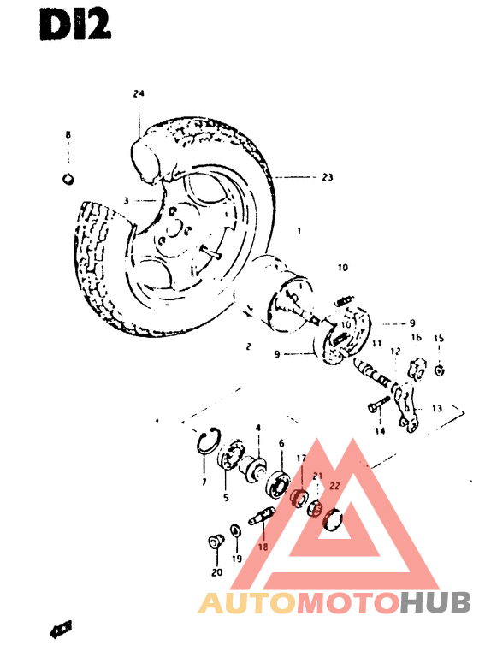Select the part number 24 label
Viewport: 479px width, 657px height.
[139, 94]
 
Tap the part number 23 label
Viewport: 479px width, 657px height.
[328, 178]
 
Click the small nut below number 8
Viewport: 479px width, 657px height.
[69, 178]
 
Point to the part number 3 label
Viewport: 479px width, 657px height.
[126, 201]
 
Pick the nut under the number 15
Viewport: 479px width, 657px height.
[438, 370]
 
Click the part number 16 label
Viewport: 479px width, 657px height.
[417, 338]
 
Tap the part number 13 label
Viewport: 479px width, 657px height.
[436, 408]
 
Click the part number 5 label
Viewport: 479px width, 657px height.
[226, 497]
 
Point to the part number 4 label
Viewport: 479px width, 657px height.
[257, 427]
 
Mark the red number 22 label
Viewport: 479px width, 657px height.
[335, 485]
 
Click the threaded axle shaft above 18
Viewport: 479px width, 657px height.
[261, 519]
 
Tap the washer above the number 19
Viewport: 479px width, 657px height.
[236, 531]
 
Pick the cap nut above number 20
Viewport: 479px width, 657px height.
[216, 542]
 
